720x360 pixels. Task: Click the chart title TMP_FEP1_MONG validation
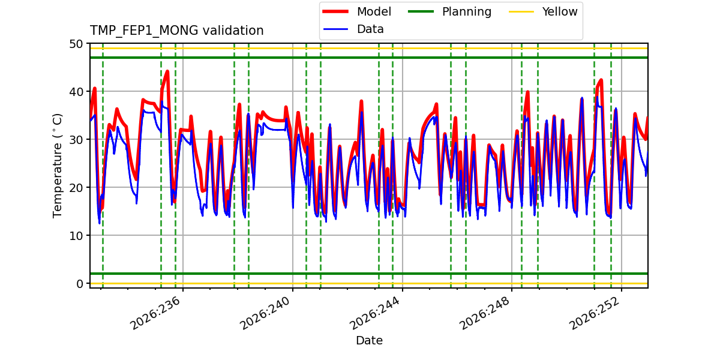tap(176, 31)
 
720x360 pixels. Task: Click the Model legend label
tap(374, 11)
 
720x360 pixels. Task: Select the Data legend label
tap(370, 29)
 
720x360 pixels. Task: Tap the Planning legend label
tap(467, 12)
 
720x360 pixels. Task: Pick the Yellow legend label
tap(560, 11)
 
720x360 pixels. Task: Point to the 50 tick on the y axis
tap(76, 44)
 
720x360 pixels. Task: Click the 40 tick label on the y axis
tap(76, 92)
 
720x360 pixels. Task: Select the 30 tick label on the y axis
tap(76, 140)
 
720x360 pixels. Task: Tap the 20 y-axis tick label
tap(76, 188)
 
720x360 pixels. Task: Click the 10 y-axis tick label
tap(76, 236)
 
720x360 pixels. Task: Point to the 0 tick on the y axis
tap(80, 284)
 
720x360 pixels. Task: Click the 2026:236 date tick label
tap(155, 313)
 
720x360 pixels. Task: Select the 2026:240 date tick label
tap(265, 313)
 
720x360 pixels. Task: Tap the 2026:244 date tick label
tap(375, 313)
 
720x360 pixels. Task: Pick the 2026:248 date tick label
tap(485, 313)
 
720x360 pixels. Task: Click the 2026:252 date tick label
tap(595, 313)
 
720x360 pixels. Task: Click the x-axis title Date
tap(370, 340)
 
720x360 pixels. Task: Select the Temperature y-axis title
tap(57, 166)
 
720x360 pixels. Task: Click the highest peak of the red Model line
tap(167, 71)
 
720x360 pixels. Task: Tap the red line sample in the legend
tap(335, 11)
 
